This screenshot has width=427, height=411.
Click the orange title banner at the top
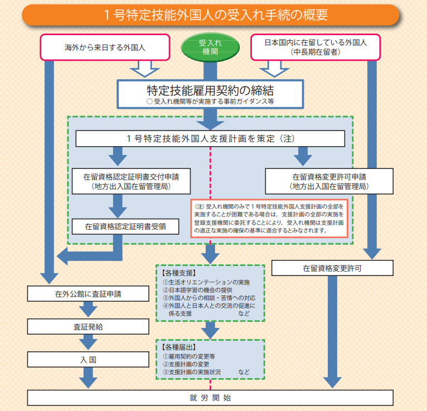click(x=210, y=15)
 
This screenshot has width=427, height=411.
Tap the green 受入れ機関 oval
click(x=210, y=47)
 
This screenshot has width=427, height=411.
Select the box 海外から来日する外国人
click(x=105, y=47)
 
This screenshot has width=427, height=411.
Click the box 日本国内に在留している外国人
click(x=316, y=47)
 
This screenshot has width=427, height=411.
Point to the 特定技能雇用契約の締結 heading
click(x=210, y=90)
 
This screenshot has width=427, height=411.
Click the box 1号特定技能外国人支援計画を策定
click(x=210, y=139)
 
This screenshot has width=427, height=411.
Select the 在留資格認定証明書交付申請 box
click(x=131, y=181)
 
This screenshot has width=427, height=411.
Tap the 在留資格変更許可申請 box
click(x=329, y=181)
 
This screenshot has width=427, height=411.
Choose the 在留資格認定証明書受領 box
click(x=125, y=226)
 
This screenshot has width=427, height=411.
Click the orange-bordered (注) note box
click(x=269, y=219)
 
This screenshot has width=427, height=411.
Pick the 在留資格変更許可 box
click(x=332, y=268)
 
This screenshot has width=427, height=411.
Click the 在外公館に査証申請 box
click(x=88, y=293)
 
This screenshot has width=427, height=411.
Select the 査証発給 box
click(x=88, y=327)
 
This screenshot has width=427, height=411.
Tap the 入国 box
click(x=88, y=360)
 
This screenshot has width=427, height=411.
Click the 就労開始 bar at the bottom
click(x=210, y=398)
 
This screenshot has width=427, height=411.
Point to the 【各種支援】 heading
click(x=178, y=273)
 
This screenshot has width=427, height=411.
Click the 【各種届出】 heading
click(x=178, y=347)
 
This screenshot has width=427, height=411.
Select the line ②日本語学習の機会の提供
click(x=198, y=290)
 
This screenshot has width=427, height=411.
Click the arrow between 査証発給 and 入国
click(x=88, y=342)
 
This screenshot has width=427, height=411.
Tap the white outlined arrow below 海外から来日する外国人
click(x=145, y=69)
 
